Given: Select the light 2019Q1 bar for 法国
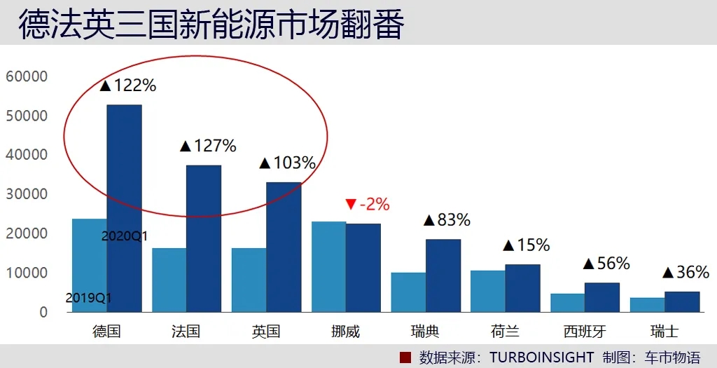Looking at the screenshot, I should (169, 280).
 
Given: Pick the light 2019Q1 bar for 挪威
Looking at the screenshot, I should (328, 266).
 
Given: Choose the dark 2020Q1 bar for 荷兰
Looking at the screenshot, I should (523, 288).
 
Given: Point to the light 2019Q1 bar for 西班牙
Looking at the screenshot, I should (567, 303).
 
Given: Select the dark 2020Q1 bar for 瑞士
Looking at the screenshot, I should (682, 301).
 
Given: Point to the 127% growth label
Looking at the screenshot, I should (208, 146).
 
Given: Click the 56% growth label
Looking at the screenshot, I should (606, 264).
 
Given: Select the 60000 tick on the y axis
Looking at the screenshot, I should (26, 76).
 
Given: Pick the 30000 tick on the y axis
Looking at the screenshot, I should (26, 194).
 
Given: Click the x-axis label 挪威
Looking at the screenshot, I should (345, 332).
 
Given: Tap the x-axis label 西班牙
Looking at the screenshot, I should (585, 332).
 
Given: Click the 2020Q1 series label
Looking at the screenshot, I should (124, 236).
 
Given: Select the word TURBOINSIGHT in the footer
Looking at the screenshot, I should (541, 357).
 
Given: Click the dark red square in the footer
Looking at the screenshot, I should (404, 357).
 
